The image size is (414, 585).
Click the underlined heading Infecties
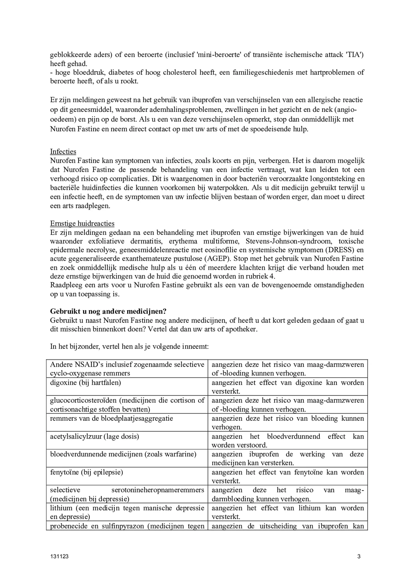[63, 152]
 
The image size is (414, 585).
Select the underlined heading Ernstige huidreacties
[82, 224]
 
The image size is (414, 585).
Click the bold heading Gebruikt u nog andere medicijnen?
[108, 311]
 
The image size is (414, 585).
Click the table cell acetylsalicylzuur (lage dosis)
[94, 436]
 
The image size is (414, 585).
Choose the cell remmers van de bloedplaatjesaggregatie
[111, 418]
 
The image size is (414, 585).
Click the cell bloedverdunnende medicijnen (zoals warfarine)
[123, 454]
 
